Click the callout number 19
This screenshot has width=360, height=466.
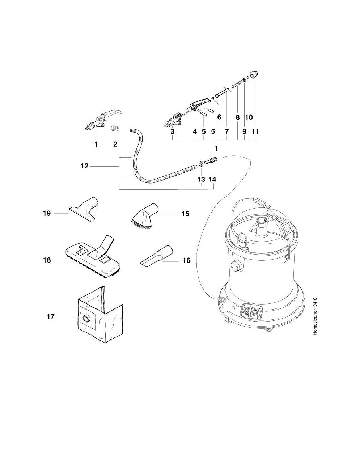coord(47,213)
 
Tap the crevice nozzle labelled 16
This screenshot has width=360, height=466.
coord(156,256)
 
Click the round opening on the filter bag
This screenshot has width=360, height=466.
coord(86,319)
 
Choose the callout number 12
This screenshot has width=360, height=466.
coord(84,166)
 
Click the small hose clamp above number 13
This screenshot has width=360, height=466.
coord(201,166)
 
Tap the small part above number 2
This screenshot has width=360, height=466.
coord(115,128)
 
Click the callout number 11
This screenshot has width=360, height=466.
coord(255,131)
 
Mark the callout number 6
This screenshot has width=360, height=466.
coord(219,117)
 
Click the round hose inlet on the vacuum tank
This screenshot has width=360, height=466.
coord(236,266)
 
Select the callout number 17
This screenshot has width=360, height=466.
coord(51,317)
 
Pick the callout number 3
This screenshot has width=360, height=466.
coord(173,131)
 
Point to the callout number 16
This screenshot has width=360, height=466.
coord(186,260)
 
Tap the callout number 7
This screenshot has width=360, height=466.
coord(227,131)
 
